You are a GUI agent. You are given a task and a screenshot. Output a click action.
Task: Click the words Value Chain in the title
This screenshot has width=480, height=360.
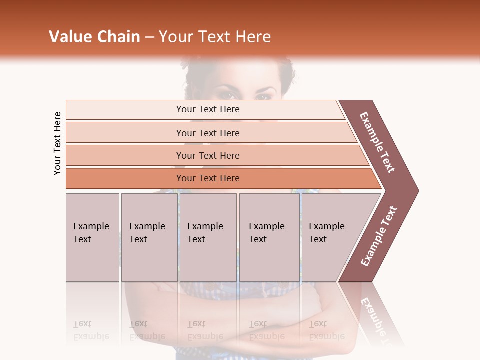click(x=94, y=37)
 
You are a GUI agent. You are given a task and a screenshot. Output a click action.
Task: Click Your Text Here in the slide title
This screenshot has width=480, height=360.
click(x=215, y=37)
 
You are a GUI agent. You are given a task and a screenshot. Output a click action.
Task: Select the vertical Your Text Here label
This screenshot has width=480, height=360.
click(x=57, y=144)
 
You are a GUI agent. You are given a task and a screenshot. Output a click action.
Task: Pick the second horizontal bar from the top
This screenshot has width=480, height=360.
click(x=208, y=133)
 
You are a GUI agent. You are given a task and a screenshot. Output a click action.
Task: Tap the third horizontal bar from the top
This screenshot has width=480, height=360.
click(x=208, y=155)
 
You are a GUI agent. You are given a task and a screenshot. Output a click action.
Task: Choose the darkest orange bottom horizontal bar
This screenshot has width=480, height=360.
click(x=208, y=178)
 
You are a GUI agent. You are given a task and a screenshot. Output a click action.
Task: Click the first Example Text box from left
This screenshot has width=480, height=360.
click(x=92, y=237)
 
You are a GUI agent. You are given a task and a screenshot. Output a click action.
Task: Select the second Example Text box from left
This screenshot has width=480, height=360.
click(x=149, y=237)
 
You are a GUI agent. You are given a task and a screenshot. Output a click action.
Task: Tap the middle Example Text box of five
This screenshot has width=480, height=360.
click(x=208, y=237)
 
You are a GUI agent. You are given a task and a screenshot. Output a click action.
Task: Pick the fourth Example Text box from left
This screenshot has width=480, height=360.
click(x=269, y=237)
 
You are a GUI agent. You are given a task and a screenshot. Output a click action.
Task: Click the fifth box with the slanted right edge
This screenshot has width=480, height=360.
click(x=332, y=237)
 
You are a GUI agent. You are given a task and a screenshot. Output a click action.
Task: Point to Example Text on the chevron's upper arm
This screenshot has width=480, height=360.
click(x=378, y=142)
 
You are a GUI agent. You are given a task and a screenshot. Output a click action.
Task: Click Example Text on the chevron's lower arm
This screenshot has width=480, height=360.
click(x=379, y=236)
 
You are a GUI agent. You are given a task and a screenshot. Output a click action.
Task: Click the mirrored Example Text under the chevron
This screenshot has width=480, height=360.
click(x=377, y=320)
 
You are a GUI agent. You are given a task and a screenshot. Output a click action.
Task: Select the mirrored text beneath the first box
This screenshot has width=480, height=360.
click(x=91, y=330)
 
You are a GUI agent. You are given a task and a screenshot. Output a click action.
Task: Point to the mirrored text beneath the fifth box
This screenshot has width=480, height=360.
click(x=326, y=330)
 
